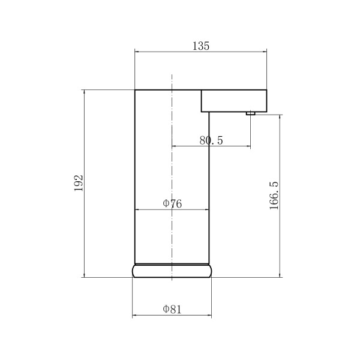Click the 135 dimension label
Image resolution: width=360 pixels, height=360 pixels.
(200, 46)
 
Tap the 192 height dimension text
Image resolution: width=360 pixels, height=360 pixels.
(79, 183)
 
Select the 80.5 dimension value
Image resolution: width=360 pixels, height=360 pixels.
(211, 140)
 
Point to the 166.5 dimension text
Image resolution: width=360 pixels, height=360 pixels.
(274, 196)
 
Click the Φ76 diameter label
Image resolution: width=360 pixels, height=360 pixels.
(172, 203)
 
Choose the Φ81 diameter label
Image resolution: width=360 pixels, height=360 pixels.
(172, 309)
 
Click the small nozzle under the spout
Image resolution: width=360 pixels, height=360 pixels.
(250, 113)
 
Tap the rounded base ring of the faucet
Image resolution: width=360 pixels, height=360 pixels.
(172, 271)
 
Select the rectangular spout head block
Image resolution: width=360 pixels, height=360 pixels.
(234, 101)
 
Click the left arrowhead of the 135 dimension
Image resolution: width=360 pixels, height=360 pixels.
(137, 52)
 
